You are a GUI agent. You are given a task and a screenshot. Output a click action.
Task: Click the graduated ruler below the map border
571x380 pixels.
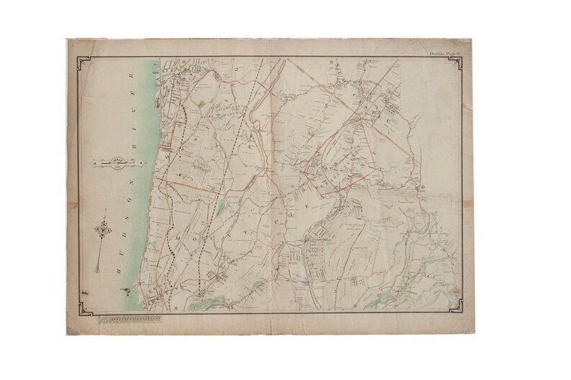coord(128,317)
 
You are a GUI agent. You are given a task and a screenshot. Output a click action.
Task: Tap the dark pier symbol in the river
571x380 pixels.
coord(127,290)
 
